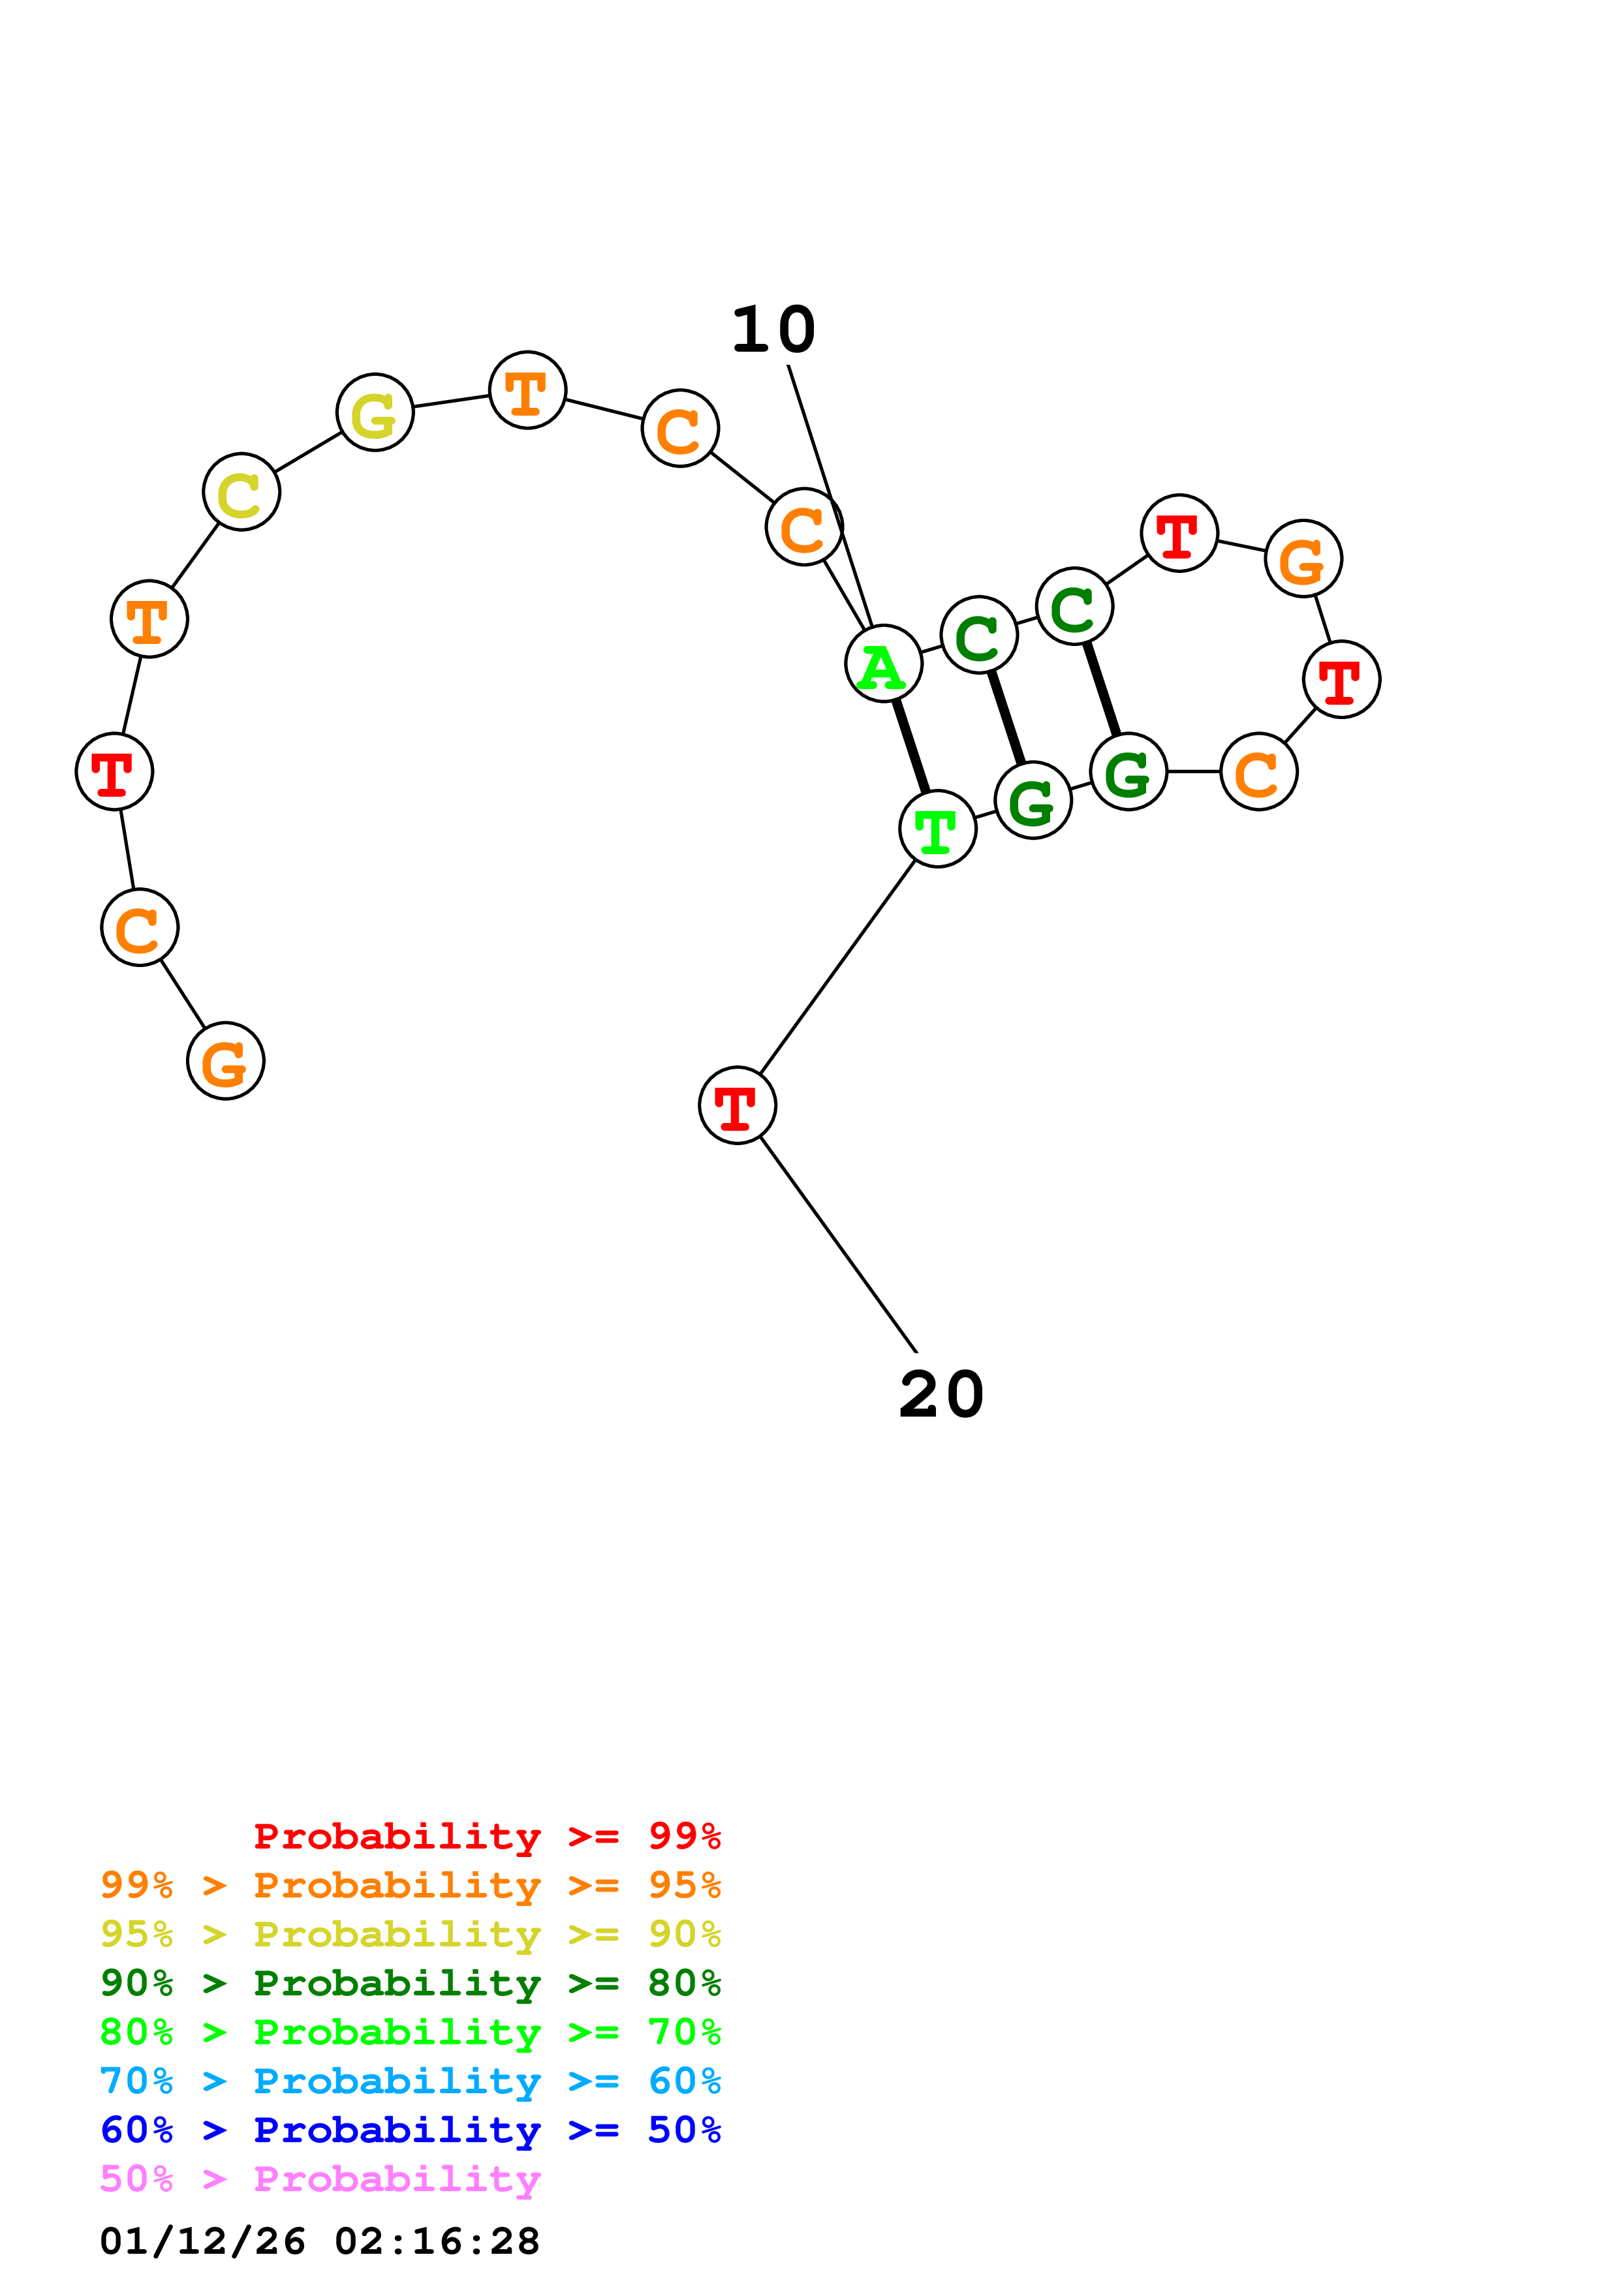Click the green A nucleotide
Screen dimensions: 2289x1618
(882, 664)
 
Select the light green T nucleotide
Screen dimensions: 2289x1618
(937, 829)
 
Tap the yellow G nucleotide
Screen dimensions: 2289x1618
(375, 413)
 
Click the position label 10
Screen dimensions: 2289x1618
(773, 330)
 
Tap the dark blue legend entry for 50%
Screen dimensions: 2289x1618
(411, 2130)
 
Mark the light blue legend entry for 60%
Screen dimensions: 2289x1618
(411, 2081)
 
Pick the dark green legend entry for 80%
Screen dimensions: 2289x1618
(411, 1983)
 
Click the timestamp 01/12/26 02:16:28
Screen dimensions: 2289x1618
(320, 2241)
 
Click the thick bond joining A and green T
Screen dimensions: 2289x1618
(910, 746)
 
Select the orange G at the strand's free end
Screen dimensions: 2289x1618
(225, 1061)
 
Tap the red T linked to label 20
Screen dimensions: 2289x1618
(737, 1105)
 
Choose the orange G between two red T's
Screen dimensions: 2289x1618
(1303, 559)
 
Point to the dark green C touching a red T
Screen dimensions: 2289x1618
(1074, 606)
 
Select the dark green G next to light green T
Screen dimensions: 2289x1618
(1033, 801)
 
